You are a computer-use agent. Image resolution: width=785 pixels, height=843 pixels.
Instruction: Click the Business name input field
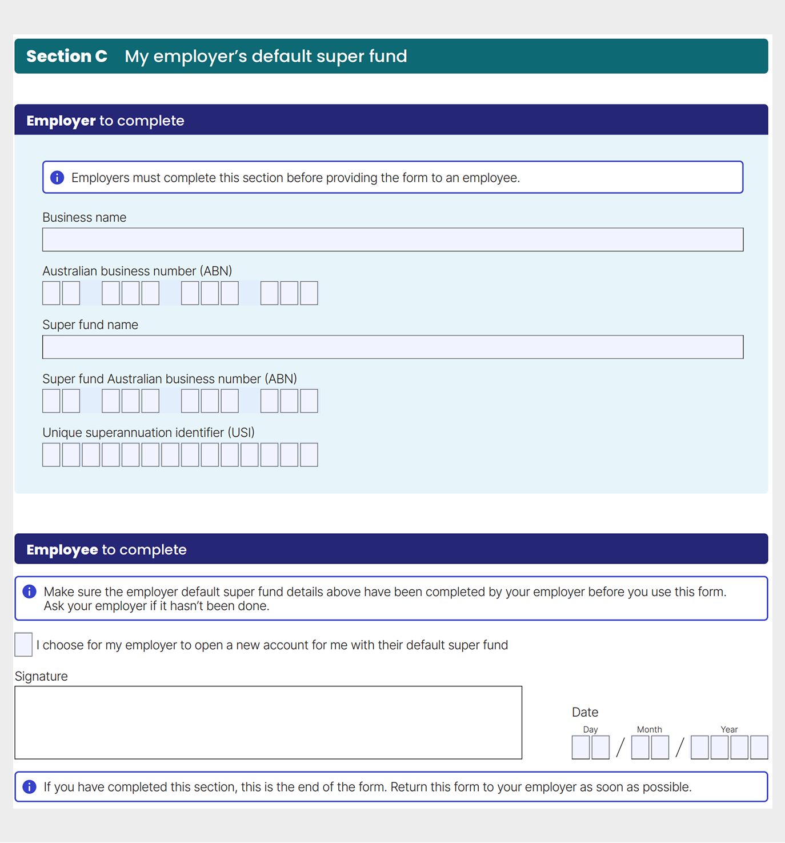[392, 239]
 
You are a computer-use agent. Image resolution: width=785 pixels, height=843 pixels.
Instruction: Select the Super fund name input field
[392, 347]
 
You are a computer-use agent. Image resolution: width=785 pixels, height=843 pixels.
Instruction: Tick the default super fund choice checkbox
[23, 645]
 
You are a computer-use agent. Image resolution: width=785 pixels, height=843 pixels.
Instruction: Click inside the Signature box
[268, 722]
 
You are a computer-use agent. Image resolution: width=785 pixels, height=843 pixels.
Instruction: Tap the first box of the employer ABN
[51, 293]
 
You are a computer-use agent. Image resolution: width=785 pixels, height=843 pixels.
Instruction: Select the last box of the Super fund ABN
[309, 401]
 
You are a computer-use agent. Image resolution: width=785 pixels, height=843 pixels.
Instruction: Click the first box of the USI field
[51, 455]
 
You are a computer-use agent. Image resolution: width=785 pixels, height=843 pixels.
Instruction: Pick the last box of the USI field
[309, 455]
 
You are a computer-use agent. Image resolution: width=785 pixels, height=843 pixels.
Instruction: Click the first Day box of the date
[580, 748]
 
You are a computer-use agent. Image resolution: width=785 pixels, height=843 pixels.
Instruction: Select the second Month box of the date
[660, 748]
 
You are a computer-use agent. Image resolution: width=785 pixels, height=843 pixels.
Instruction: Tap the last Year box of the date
[759, 748]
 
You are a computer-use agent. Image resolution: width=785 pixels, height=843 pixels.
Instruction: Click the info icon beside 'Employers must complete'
[57, 178]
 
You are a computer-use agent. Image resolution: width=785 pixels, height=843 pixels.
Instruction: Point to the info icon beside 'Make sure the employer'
[29, 592]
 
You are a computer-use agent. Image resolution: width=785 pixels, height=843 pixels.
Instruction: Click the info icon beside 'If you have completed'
[29, 787]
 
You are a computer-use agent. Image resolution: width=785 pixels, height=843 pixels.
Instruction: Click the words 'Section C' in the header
[67, 56]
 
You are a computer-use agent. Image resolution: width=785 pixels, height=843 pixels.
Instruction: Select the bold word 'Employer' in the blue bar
[61, 121]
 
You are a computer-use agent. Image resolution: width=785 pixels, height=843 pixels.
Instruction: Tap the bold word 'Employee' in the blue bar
[62, 550]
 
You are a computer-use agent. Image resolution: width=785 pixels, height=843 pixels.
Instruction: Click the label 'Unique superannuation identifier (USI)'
[149, 433]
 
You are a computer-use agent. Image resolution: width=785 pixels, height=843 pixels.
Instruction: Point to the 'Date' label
[585, 712]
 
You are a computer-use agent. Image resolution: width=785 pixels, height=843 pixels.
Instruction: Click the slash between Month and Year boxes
[679, 748]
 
